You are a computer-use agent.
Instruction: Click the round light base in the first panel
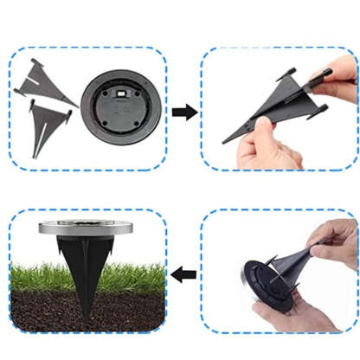point(120,111)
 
